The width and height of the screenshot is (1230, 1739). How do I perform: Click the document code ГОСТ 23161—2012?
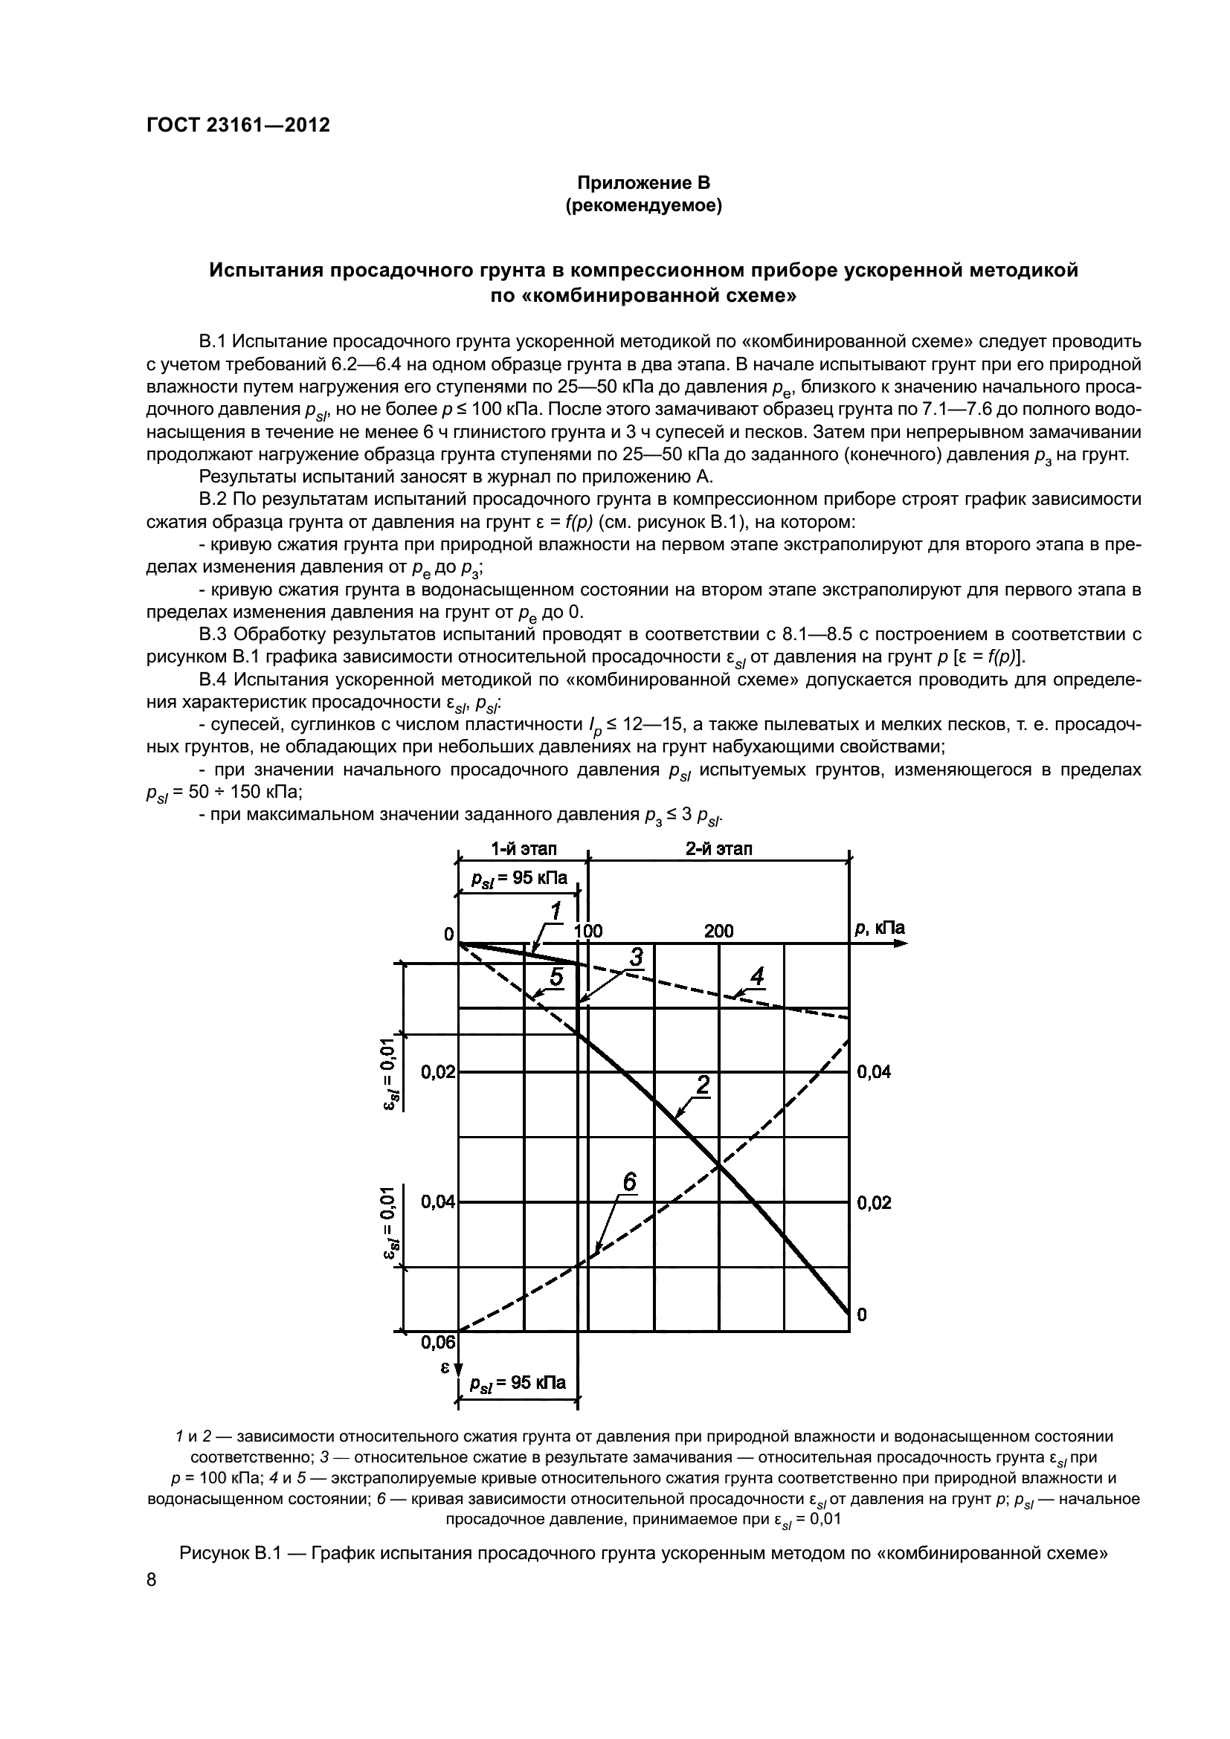click(238, 126)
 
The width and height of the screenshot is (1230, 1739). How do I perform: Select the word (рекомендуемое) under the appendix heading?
click(644, 206)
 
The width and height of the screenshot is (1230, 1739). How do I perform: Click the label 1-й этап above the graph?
click(524, 848)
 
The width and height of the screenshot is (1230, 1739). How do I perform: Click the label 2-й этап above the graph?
click(719, 848)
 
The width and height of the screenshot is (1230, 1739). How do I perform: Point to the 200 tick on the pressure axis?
click(719, 931)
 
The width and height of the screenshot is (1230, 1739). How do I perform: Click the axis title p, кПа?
click(879, 929)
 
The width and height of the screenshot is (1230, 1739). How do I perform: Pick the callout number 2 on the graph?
click(703, 1085)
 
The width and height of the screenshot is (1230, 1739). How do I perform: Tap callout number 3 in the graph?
click(635, 958)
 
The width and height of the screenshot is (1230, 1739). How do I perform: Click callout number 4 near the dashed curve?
click(756, 978)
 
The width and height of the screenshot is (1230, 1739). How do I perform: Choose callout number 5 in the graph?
click(556, 978)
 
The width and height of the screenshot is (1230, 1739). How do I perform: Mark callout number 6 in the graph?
click(629, 1183)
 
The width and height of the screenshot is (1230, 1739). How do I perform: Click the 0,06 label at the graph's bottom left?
click(438, 1343)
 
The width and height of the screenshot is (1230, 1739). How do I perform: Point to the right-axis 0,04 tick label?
click(873, 1072)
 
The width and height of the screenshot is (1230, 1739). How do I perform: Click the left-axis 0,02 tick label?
click(438, 1072)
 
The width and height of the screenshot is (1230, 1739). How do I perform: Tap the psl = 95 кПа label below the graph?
click(518, 1383)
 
